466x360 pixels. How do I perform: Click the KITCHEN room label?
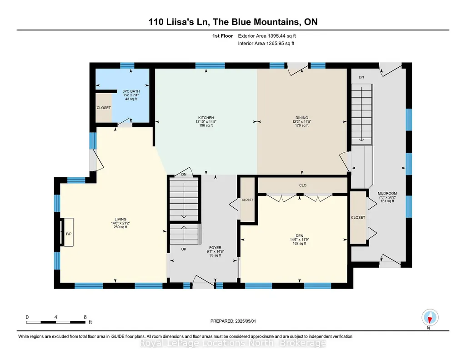click(x=206, y=118)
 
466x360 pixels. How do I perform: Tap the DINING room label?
click(x=302, y=118)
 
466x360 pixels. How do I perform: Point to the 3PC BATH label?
click(x=131, y=91)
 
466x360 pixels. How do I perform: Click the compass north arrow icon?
click(x=430, y=318)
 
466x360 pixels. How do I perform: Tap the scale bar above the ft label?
click(x=55, y=322)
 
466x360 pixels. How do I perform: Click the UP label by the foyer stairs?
click(x=184, y=249)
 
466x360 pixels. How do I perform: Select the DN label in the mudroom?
click(x=361, y=77)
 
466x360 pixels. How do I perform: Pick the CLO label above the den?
click(x=303, y=185)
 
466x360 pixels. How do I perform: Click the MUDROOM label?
click(x=387, y=193)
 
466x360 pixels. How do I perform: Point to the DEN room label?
click(x=300, y=236)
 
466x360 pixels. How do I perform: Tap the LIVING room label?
click(x=120, y=219)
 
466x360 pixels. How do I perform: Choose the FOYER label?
click(x=215, y=247)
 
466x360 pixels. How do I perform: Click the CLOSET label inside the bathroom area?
click(x=104, y=108)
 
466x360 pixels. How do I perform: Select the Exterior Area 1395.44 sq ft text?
click(x=267, y=36)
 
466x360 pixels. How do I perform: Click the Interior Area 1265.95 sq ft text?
click(x=266, y=43)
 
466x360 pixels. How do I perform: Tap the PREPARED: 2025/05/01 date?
click(x=233, y=321)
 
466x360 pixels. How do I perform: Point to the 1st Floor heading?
click(x=223, y=36)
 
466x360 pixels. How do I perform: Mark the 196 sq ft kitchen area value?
click(x=206, y=125)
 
